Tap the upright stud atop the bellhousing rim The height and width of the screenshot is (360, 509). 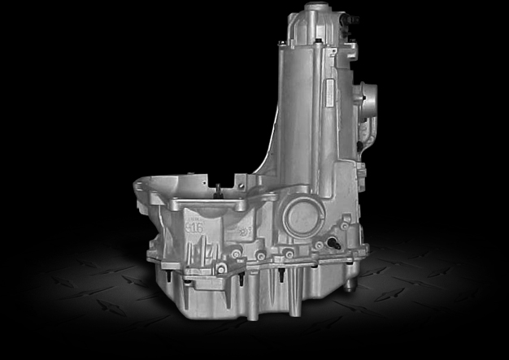pos(219,189)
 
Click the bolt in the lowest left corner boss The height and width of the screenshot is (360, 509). pos(220,267)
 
